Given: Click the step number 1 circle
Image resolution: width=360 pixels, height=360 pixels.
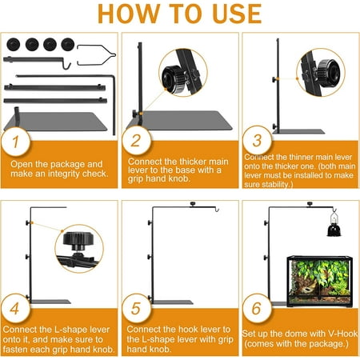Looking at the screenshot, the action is pyautogui.click(x=15, y=142).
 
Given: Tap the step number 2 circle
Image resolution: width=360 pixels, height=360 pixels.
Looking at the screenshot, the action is pyautogui.click(x=136, y=141).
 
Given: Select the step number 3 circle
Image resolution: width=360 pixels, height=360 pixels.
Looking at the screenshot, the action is pyautogui.click(x=257, y=141).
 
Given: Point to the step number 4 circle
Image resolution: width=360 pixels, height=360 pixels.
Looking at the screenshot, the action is pyautogui.click(x=15, y=308).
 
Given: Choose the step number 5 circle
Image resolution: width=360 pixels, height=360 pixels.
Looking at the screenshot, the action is pyautogui.click(x=136, y=308).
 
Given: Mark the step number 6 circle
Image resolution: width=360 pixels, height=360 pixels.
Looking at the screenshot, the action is pyautogui.click(x=257, y=308).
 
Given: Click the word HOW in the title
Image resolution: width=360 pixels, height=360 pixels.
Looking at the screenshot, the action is pyautogui.click(x=129, y=14).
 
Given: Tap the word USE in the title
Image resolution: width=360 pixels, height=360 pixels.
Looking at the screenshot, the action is pyautogui.click(x=238, y=14).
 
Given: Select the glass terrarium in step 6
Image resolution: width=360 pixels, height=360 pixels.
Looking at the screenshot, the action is pyautogui.click(x=319, y=281).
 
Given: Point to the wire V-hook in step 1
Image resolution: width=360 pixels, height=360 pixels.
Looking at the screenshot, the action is pyautogui.click(x=96, y=55).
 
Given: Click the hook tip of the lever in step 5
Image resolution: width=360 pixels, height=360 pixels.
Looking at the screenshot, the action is pyautogui.click(x=218, y=210).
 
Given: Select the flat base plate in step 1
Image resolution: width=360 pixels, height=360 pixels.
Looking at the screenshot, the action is pyautogui.click(x=55, y=121).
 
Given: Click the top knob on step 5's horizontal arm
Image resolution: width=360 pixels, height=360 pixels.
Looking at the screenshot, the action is pyautogui.click(x=193, y=204).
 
